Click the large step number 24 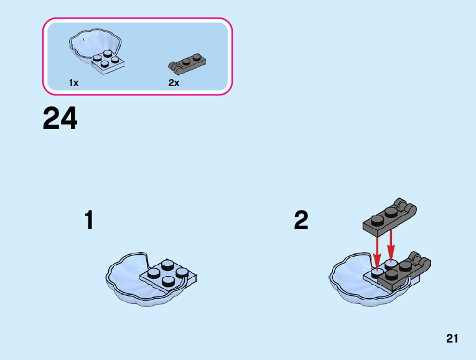point(60,118)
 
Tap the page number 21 point(452,338)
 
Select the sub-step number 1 point(89,220)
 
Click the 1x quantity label point(74,83)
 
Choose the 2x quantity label point(174,83)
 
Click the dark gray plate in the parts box point(187,64)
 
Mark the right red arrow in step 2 point(391,245)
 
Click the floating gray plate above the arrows point(390,217)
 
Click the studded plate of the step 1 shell point(169,274)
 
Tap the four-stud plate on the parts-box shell point(108,62)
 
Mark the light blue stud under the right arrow point(391,265)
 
